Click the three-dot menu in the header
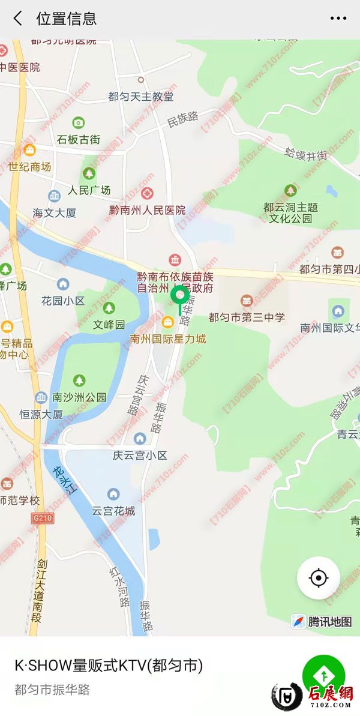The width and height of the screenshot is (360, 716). [x=338, y=19]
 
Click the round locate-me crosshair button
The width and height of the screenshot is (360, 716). [x=319, y=578]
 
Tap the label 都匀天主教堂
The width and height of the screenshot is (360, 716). [x=141, y=97]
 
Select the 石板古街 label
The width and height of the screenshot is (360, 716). [x=79, y=140]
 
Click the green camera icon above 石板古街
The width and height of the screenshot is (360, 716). [x=79, y=123]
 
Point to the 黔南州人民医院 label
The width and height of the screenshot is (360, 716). [x=148, y=210]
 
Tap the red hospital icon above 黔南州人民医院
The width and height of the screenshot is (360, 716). [x=148, y=194]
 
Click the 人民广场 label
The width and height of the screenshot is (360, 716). [x=89, y=190]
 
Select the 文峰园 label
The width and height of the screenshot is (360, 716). [x=109, y=325]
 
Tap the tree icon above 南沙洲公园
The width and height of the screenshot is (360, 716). [x=79, y=381]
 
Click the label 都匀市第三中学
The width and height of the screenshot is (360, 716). [x=247, y=317]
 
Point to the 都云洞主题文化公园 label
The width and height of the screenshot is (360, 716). [x=291, y=212]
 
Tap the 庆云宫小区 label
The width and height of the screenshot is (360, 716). [x=140, y=456]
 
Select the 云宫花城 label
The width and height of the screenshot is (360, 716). [x=113, y=511]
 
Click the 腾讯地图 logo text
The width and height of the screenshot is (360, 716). [x=330, y=622]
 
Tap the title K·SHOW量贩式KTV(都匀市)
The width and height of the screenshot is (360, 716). [x=109, y=666]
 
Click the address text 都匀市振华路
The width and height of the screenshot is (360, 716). [x=52, y=690]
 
